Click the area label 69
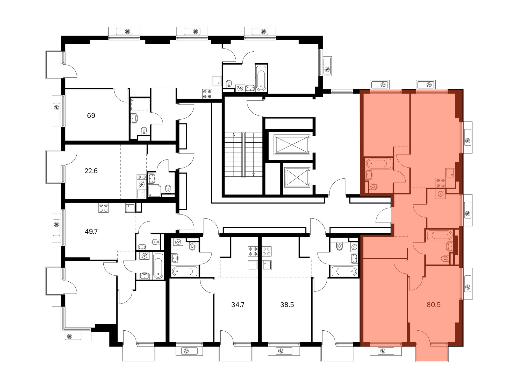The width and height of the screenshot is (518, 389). coord(91,115)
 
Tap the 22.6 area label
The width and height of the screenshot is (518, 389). coord(91,171)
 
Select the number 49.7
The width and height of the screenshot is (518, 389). coord(91,231)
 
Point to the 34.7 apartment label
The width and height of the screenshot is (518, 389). coord(238,305)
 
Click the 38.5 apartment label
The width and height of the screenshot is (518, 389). coord(287,305)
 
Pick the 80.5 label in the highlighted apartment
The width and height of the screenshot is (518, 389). coord(434,305)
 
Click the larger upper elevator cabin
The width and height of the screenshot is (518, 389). coord(292,144)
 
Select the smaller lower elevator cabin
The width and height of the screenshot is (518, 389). coord(297,177)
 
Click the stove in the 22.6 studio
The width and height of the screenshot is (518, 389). coord(141,177)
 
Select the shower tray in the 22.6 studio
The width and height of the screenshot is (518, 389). coord(155,191)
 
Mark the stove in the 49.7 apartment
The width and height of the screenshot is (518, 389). coord(103,208)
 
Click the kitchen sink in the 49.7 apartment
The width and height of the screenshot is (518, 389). coord(130,208)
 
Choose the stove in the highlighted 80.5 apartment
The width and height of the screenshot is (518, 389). coord(441,183)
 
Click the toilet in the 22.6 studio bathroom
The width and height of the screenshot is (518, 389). coord(168,189)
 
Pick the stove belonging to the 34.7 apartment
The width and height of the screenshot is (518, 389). coord(253,251)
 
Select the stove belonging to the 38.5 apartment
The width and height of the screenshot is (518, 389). coord(267,251)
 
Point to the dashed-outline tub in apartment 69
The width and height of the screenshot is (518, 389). coord(140,105)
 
